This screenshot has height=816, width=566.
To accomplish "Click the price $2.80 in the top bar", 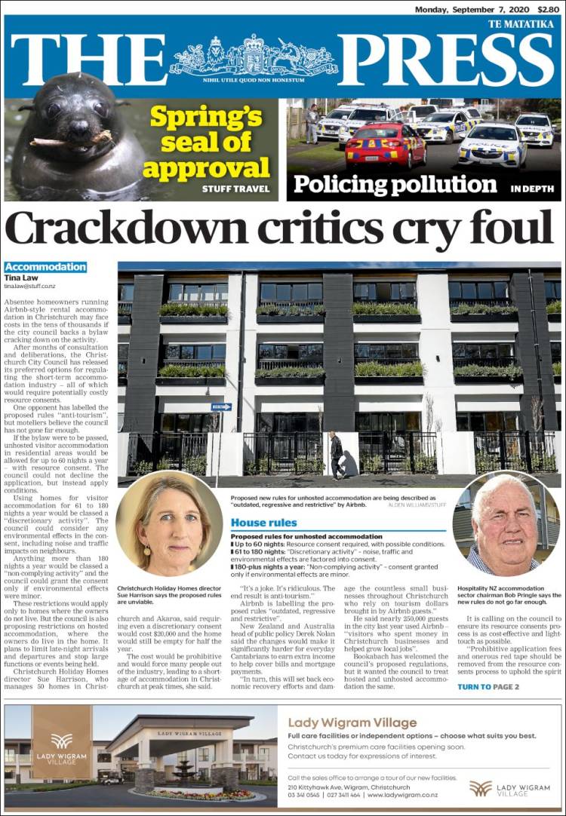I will pos(549,9).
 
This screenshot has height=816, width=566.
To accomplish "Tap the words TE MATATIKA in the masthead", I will pos(521,24).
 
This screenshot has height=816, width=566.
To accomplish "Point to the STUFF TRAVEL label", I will pos(235,189).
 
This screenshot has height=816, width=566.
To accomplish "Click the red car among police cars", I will pos(385,146).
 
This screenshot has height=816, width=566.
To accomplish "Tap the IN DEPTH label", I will pos(532,189).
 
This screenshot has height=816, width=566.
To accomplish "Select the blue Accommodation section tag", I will pos(45,267).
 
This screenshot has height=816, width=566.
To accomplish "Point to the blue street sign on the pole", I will pos(221,406).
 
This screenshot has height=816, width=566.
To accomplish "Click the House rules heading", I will pos(263,523).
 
